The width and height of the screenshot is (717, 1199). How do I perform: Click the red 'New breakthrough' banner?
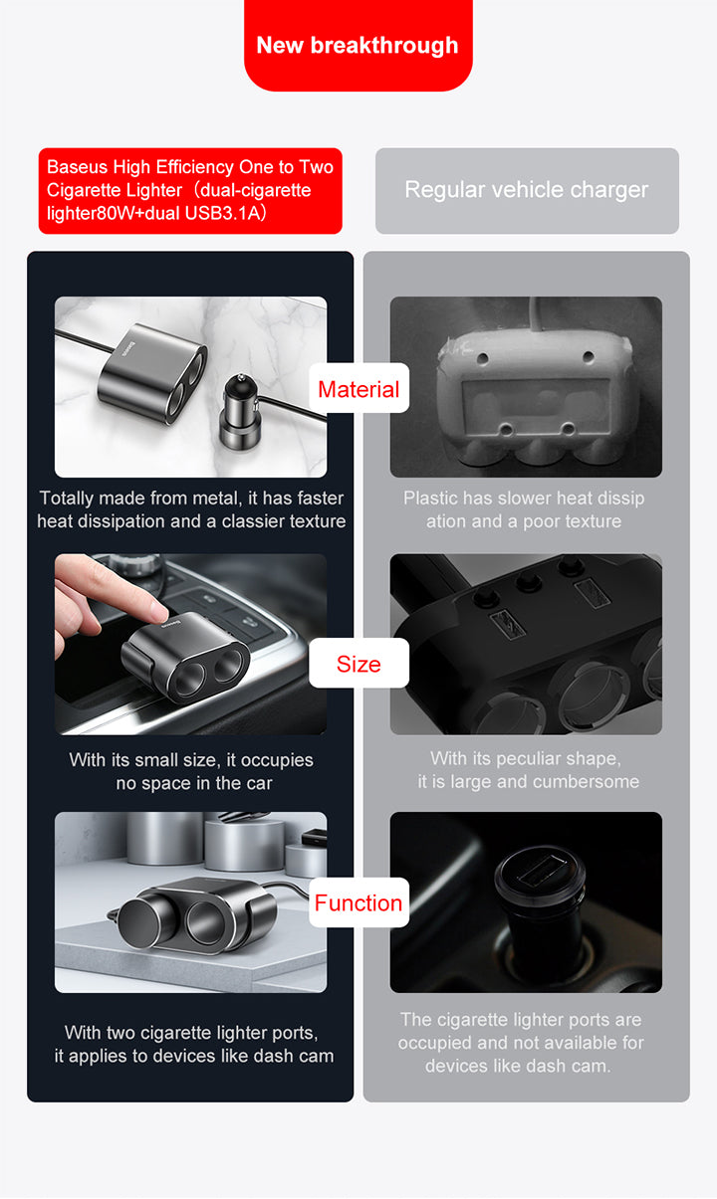[358, 46]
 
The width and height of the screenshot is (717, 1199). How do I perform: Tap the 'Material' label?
[358, 389]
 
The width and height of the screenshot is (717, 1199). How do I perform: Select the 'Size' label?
[358, 664]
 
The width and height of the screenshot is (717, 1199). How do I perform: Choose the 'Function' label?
[358, 903]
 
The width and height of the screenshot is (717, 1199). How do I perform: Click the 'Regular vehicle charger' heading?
[527, 190]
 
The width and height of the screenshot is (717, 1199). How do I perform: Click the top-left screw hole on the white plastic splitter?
[482, 358]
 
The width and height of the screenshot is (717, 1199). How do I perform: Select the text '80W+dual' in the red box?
[138, 213]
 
